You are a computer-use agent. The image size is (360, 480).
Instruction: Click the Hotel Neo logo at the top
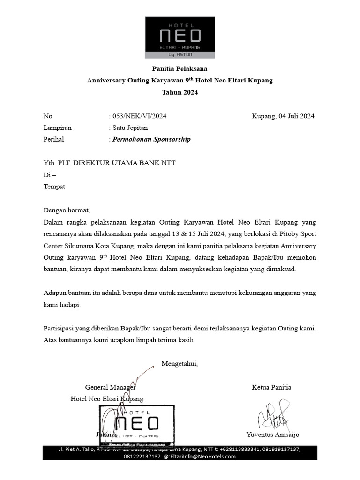[x=180, y=37]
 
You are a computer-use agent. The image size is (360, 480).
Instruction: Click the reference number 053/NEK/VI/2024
[x=138, y=116]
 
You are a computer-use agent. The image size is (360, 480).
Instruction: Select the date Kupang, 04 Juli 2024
[x=283, y=116]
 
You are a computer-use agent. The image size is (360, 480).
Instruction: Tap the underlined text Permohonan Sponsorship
[x=151, y=139]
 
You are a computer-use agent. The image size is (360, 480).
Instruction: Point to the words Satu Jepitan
[x=130, y=127]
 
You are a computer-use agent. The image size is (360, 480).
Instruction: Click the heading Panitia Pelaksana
[x=180, y=68]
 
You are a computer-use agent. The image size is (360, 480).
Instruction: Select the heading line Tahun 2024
[x=180, y=92]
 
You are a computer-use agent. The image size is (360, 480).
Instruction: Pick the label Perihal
[x=53, y=139]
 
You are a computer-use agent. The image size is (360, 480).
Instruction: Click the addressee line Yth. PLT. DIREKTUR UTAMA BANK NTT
[x=109, y=163]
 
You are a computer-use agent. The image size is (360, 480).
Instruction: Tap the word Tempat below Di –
[x=54, y=186]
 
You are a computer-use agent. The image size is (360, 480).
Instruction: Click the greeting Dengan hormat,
[x=66, y=210]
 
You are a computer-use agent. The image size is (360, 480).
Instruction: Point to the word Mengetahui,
[x=180, y=364]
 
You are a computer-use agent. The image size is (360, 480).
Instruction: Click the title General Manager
[x=110, y=387]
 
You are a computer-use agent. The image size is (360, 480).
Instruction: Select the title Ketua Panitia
[x=271, y=387]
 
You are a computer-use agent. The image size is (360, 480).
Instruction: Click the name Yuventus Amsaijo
[x=272, y=435]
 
